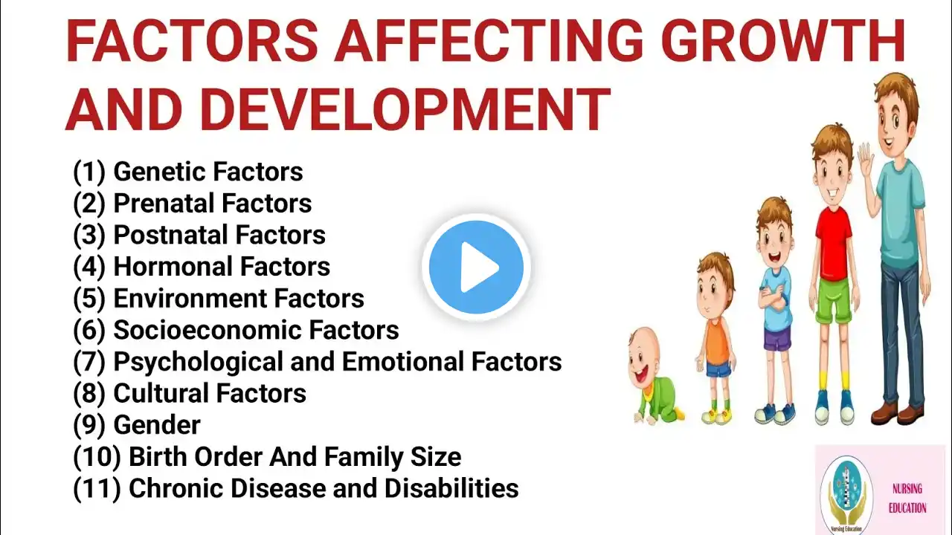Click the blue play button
click(x=476, y=267)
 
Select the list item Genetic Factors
click(x=188, y=172)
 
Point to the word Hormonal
click(x=173, y=266)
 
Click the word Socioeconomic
click(x=208, y=330)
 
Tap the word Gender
click(x=157, y=425)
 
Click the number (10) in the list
click(x=97, y=457)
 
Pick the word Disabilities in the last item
click(x=451, y=488)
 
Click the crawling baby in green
click(x=656, y=376)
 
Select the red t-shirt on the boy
click(x=834, y=243)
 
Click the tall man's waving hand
click(x=866, y=162)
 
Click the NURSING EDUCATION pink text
click(x=907, y=498)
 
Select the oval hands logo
click(x=846, y=495)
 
